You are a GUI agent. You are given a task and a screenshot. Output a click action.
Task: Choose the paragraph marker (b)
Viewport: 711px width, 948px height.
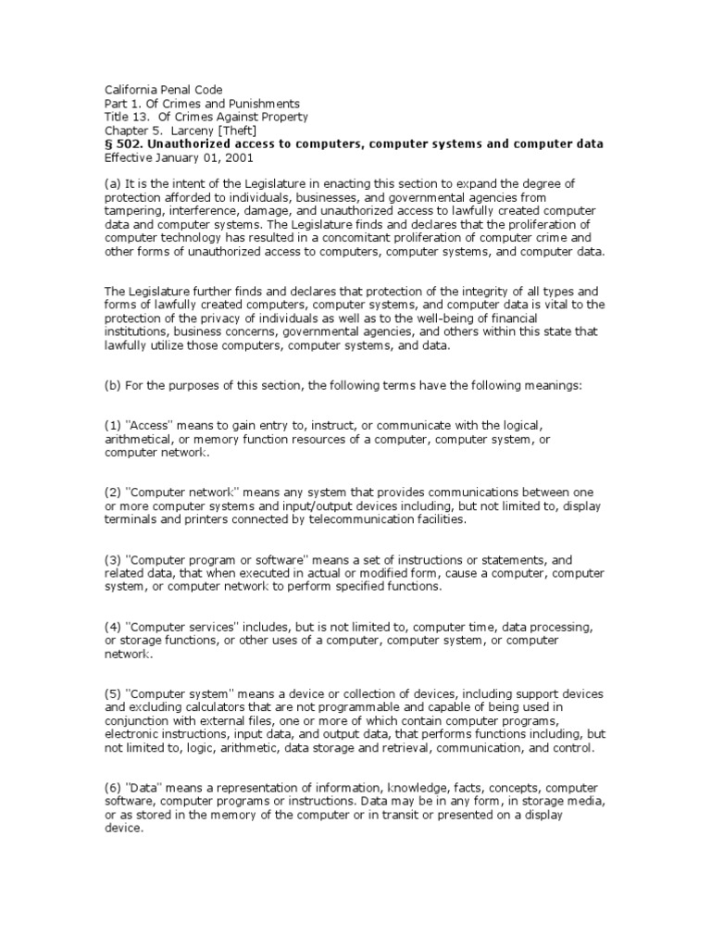pyautogui.click(x=112, y=385)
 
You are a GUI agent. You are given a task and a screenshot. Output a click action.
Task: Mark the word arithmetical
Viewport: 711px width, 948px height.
pyautogui.click(x=137, y=439)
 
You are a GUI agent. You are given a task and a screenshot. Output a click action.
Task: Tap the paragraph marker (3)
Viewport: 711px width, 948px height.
pyautogui.click(x=112, y=559)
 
